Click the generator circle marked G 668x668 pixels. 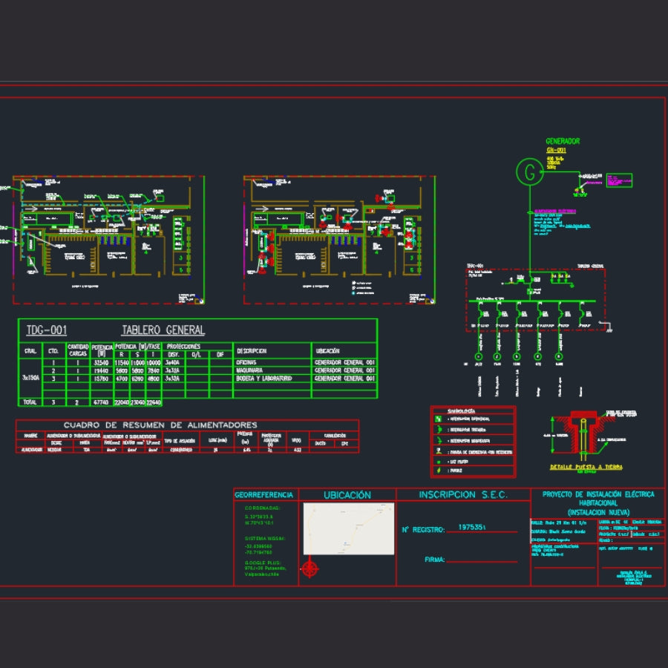529,172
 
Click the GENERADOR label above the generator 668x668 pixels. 563,141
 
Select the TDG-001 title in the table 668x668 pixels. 46,330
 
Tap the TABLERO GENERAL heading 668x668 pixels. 163,330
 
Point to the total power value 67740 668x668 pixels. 102,402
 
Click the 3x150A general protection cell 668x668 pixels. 30,378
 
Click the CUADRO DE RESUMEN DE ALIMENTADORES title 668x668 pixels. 160,425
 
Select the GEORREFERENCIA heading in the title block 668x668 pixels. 265,495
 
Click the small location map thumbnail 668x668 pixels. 348,528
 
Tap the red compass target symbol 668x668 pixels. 310,569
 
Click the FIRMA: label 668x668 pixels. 434,560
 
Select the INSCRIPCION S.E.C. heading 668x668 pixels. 463,494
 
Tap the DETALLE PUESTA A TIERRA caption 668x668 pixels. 586,467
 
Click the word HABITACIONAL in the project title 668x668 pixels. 598,503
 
